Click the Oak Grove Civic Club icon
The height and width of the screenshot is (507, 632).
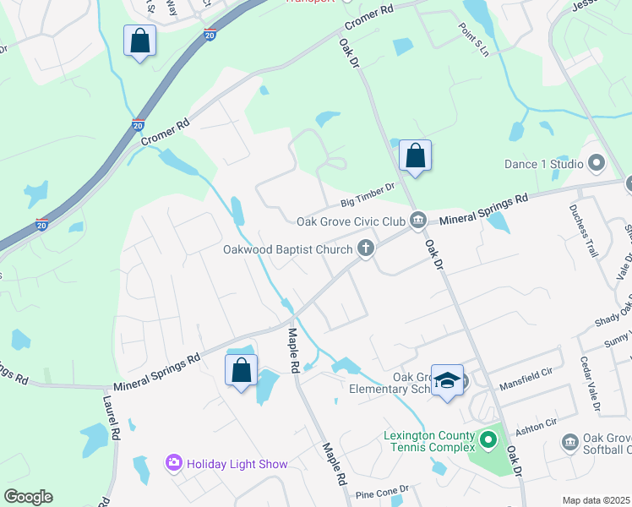[417, 221]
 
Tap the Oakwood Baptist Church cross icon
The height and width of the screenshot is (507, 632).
[366, 248]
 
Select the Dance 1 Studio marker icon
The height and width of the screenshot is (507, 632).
[597, 162]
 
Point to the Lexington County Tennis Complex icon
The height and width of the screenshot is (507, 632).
[488, 440]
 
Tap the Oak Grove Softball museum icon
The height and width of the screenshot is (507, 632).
[569, 441]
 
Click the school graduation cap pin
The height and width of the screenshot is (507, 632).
[447, 381]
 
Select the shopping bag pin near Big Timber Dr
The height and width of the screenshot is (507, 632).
[415, 156]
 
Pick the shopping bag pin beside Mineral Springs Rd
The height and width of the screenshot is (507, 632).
[241, 371]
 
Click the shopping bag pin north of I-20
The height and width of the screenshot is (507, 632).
[139, 41]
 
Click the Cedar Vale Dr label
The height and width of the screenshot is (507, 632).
[588, 384]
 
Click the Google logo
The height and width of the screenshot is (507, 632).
[28, 497]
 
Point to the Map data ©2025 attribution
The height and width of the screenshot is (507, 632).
[596, 500]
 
